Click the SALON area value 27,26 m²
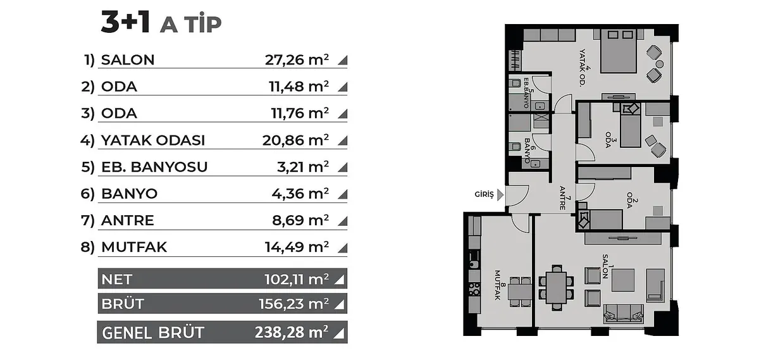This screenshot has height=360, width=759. (297, 59)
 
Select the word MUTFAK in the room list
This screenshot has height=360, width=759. (134, 247)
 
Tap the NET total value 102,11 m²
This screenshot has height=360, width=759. (297, 279)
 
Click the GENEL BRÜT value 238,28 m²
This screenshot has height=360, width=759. (292, 332)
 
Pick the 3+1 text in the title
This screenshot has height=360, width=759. (125, 22)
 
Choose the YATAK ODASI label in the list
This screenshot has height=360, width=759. (153, 140)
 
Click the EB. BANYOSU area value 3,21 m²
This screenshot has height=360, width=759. (303, 167)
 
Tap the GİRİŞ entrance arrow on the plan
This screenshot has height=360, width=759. (500, 195)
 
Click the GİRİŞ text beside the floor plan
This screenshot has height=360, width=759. (484, 195)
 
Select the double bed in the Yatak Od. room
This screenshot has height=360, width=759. (619, 51)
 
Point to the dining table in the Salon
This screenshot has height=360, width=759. (556, 288)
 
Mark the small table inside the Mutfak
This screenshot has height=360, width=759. (520, 292)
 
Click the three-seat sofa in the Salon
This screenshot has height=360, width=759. (623, 314)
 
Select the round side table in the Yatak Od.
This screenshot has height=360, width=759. (659, 64)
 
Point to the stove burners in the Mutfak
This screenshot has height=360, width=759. (474, 289)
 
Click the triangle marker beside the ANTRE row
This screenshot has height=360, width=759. (343, 221)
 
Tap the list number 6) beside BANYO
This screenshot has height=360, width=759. (87, 194)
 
